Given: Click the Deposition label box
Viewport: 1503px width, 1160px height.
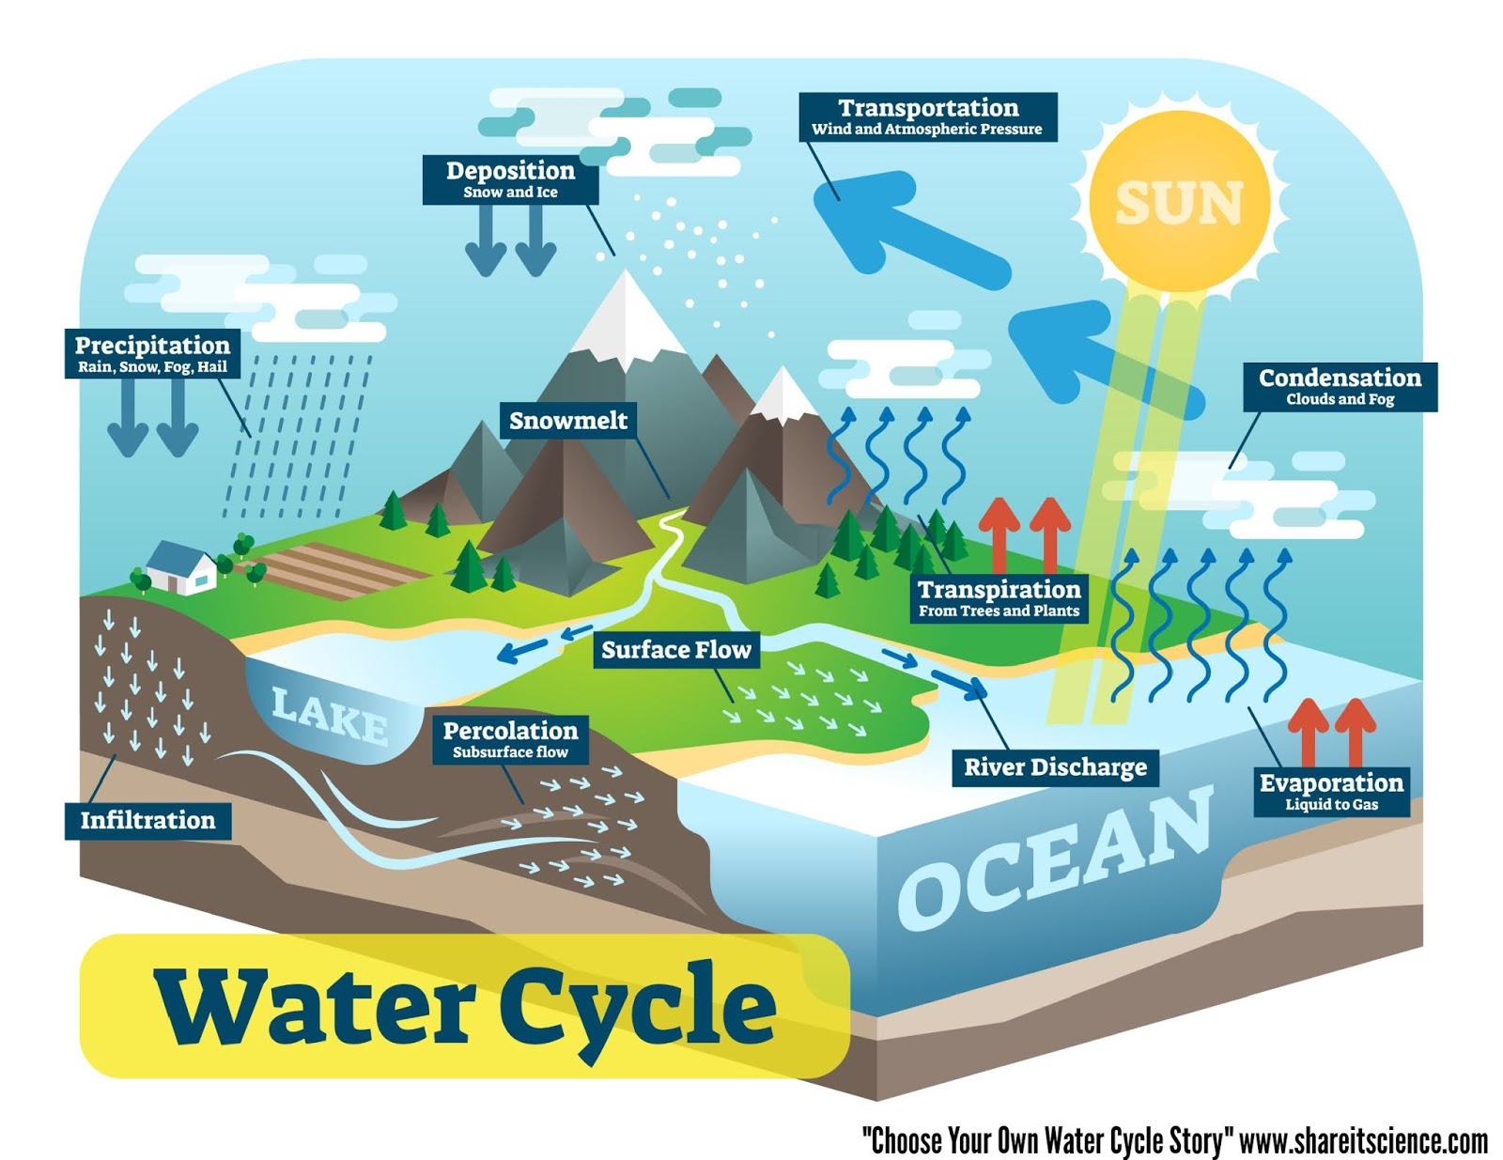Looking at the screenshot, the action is (x=510, y=178).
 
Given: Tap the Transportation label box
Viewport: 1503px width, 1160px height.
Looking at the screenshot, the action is (x=928, y=116).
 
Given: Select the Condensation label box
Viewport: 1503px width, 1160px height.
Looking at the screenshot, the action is (x=1340, y=386).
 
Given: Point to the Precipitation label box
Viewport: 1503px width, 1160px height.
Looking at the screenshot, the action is (x=152, y=353).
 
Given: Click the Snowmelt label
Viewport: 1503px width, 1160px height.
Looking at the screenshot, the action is (x=567, y=420).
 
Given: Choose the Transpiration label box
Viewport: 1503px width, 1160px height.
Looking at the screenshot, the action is (x=999, y=598).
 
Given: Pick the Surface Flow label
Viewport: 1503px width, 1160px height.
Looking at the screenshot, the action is (x=676, y=649).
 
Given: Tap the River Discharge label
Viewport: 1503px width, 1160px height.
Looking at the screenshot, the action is (x=1055, y=767).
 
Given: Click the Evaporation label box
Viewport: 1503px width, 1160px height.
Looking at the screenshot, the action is (x=1331, y=792).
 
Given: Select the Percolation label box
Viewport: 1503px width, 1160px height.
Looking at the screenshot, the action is (x=510, y=739).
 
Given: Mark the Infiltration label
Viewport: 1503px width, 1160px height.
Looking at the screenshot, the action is (x=147, y=820).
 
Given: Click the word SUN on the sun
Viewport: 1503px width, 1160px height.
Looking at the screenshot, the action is (x=1179, y=203).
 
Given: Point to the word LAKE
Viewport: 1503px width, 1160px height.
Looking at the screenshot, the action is (x=330, y=715).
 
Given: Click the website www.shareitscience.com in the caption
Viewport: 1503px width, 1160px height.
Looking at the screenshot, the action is (x=1363, y=1141).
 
